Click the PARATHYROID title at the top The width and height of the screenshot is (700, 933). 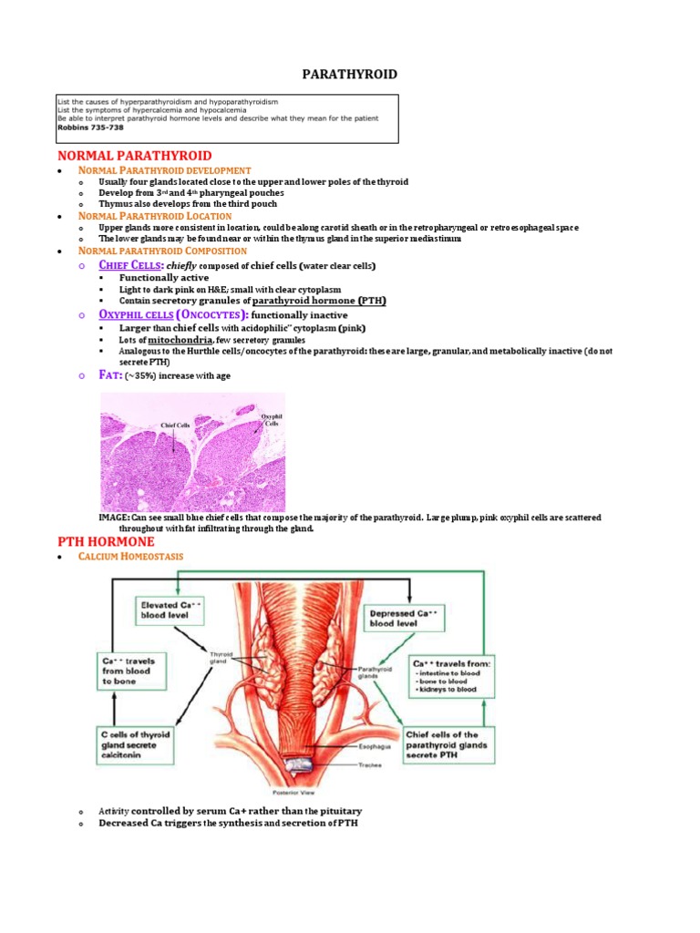click(x=349, y=74)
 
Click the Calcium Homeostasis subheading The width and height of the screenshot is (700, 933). click(x=131, y=556)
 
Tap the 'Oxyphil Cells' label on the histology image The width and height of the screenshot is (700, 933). click(x=269, y=420)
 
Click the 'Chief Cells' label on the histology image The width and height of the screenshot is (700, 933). click(x=175, y=425)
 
